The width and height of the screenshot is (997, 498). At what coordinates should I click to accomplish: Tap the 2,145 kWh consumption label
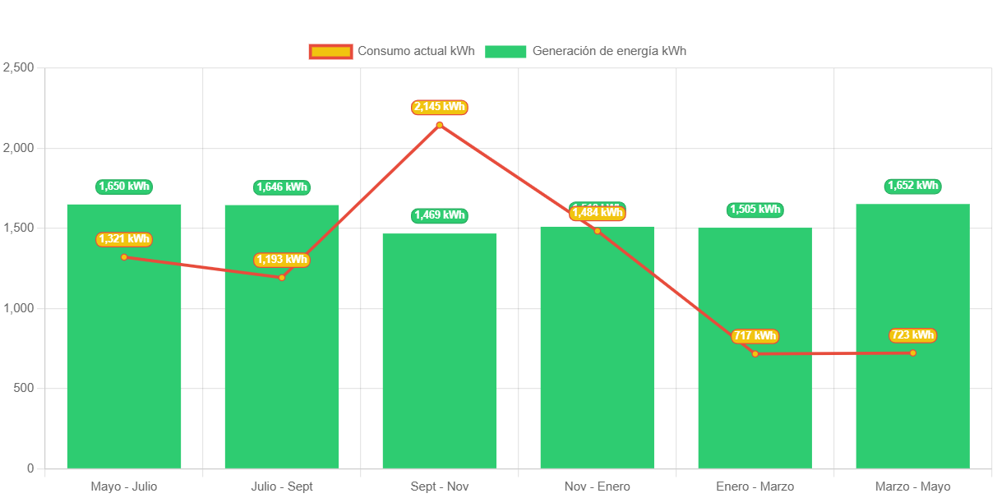click(x=440, y=107)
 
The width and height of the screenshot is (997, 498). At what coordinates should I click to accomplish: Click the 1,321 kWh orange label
click(x=124, y=239)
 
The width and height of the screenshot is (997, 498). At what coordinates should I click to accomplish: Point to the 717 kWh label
click(x=755, y=336)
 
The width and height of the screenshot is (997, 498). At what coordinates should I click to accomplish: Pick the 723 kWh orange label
click(x=912, y=335)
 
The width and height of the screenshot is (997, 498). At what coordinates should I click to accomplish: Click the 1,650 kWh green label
click(x=124, y=187)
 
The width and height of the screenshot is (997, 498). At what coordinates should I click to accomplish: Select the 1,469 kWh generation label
click(x=440, y=215)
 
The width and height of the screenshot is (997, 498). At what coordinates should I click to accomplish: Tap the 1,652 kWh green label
click(x=912, y=186)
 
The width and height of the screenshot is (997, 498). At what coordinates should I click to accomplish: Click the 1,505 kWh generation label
click(x=755, y=210)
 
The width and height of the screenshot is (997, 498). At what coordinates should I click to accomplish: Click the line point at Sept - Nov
click(x=440, y=125)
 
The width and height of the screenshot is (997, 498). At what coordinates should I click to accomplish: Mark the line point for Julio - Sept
click(x=282, y=278)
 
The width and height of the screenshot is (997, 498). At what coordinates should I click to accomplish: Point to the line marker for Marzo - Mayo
click(x=912, y=353)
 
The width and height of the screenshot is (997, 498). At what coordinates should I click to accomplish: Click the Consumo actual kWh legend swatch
click(x=330, y=51)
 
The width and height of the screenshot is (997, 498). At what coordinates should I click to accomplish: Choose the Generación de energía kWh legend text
click(x=609, y=51)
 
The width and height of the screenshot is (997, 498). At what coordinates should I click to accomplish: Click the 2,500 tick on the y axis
click(x=18, y=67)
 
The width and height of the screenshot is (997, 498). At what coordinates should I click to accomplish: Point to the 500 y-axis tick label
click(x=23, y=388)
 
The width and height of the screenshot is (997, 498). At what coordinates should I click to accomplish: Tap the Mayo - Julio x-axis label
click(x=124, y=486)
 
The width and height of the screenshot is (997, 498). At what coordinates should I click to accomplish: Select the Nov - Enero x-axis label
click(x=598, y=486)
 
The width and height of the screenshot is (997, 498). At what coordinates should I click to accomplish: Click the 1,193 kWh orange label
click(x=282, y=260)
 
